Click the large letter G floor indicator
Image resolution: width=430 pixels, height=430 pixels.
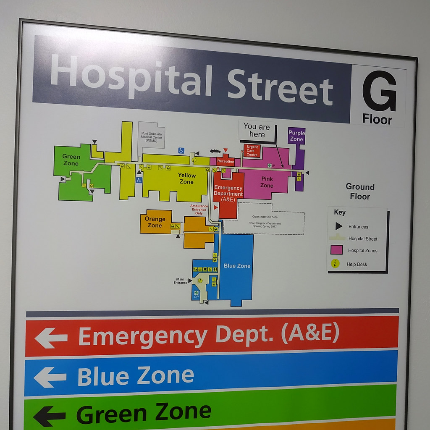tap(379, 91)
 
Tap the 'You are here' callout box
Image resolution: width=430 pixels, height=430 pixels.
tap(257, 130)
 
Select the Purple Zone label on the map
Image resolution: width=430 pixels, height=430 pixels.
tap(296, 136)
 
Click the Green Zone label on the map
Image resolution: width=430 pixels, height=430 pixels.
tap(71, 160)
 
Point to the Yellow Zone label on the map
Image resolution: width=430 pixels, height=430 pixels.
tap(186, 178)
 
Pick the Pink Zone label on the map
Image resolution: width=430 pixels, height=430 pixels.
tap(267, 182)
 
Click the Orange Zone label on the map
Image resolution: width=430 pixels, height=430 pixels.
tap(155, 222)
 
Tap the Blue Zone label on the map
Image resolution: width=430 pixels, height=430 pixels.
tap(237, 266)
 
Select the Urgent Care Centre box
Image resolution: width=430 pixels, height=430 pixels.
tap(252, 151)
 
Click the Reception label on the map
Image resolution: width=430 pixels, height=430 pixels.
tap(225, 161)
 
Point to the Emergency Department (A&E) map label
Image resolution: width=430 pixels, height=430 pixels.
tap(228, 194)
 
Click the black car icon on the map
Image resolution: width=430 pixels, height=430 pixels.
tap(215, 151)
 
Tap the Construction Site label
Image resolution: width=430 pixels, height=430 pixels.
tap(262, 217)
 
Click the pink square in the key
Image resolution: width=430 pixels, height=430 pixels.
tap(336, 250)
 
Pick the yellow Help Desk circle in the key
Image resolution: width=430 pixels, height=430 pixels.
tap(335, 264)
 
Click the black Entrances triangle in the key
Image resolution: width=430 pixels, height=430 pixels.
tap(338, 226)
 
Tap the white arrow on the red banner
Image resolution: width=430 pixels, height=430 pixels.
tap(51, 338)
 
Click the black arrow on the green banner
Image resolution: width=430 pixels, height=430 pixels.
tap(49, 416)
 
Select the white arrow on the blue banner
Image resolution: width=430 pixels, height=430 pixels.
tap(50, 377)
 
